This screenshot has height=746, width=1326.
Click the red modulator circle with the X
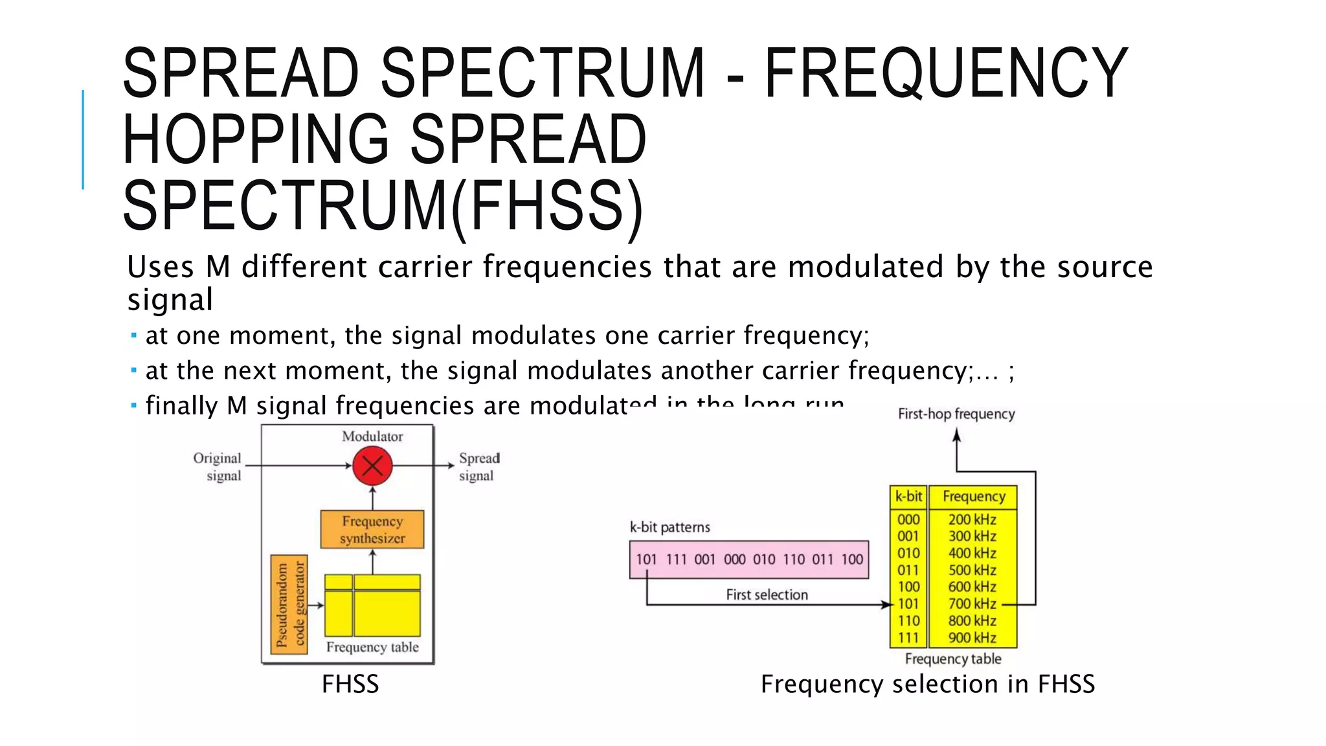[372, 466]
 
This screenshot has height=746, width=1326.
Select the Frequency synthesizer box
[372, 529]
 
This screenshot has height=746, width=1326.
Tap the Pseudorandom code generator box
[289, 604]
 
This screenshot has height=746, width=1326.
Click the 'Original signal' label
[217, 466]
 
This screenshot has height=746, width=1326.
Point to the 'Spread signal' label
[478, 466]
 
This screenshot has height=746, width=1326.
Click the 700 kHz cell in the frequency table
[972, 604]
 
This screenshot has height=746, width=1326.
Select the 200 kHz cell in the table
[972, 519]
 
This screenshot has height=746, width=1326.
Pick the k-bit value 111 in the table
[908, 638]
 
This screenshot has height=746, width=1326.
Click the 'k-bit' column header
[908, 497]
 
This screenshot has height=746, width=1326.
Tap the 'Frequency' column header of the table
[973, 497]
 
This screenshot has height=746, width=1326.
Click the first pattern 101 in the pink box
[646, 559]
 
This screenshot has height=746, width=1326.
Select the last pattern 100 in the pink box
[852, 559]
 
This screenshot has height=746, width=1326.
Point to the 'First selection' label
[767, 594]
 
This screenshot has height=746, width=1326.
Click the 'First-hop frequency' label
[956, 414]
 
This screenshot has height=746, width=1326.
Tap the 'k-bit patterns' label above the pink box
[669, 527]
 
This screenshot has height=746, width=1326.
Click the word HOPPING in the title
[255, 140]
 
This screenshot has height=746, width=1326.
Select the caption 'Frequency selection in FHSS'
[927, 684]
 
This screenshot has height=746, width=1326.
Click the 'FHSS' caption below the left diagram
[350, 684]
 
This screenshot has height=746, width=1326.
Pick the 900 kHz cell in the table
[972, 638]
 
